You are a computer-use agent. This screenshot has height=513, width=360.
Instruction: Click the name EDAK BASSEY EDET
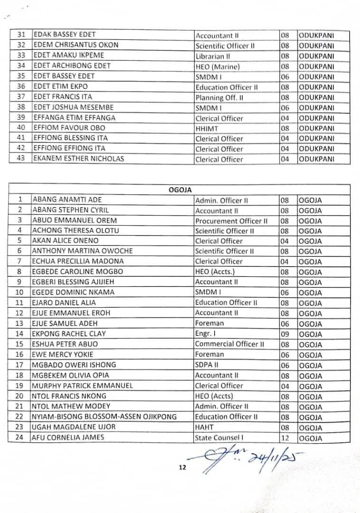click(x=64, y=35)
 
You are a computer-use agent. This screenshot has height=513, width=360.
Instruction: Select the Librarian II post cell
click(x=214, y=56)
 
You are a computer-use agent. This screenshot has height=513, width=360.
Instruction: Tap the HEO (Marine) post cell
click(x=217, y=66)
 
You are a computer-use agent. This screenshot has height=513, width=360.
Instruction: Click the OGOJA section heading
click(x=180, y=190)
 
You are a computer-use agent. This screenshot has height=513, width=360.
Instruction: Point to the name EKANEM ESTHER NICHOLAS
click(x=78, y=159)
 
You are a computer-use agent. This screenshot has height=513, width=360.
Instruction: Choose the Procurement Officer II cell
click(x=231, y=221)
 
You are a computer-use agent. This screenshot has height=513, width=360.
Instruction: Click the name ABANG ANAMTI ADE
click(x=67, y=200)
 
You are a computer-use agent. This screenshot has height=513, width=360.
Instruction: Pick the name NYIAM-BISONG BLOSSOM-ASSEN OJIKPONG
click(x=103, y=417)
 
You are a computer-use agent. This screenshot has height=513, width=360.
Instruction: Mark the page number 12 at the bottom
click(x=182, y=467)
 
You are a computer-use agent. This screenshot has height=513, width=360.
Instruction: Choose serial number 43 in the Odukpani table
click(x=20, y=159)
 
